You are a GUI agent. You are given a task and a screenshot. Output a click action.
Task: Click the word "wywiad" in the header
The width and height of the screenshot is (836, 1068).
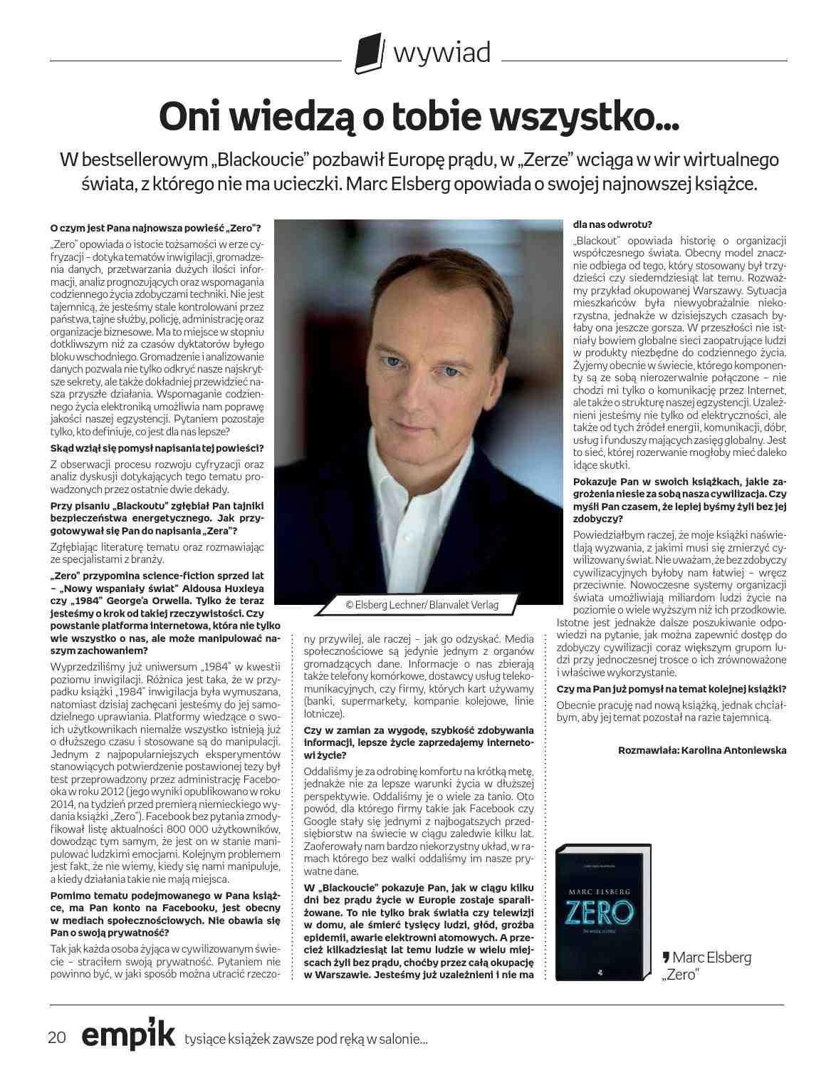[x=441, y=52]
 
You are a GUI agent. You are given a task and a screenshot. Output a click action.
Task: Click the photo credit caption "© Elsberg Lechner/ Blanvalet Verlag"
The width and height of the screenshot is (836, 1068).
[x=422, y=604]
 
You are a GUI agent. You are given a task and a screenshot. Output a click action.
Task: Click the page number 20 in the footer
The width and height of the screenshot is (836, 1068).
[x=57, y=1037]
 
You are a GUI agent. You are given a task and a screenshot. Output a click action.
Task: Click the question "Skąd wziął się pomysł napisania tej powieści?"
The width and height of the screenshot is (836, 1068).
[x=157, y=448]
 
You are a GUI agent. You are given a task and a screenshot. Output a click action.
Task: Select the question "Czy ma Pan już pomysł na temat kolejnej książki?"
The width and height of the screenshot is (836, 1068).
[x=672, y=688]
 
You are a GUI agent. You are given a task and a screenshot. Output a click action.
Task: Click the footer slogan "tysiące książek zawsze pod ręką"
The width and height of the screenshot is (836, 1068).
[x=306, y=1039]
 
